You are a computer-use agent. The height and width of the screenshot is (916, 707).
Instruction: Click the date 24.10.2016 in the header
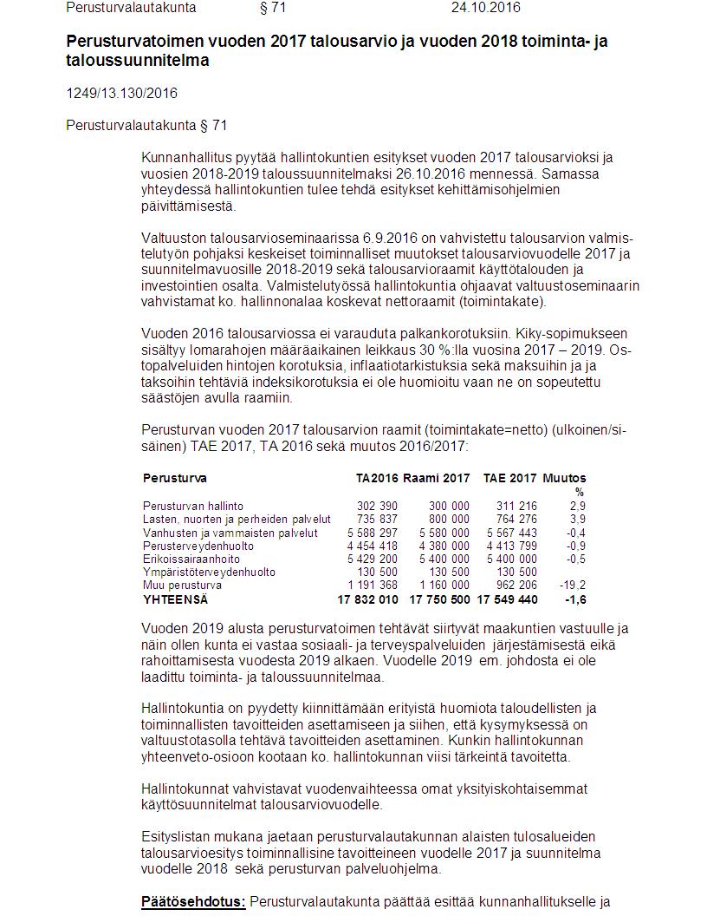tap(486, 8)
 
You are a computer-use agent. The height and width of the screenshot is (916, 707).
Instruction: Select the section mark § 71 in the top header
tap(273, 8)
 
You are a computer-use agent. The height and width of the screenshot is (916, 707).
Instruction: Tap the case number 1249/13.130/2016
tap(121, 93)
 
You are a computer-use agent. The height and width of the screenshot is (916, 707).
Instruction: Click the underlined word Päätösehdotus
tap(194, 901)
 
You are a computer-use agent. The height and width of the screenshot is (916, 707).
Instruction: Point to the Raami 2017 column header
tap(438, 478)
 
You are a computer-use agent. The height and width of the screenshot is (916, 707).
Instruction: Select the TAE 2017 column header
tap(510, 478)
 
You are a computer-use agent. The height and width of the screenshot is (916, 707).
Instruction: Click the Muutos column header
tap(564, 478)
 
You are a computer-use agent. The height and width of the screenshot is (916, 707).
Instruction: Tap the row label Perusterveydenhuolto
tap(198, 546)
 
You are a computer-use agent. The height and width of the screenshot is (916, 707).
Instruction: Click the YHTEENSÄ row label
tap(176, 599)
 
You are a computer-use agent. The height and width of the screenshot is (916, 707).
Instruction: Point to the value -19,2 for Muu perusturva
tap(572, 586)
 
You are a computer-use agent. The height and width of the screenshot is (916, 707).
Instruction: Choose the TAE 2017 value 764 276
tap(516, 520)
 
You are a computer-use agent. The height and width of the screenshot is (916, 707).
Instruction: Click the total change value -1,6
tap(574, 599)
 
